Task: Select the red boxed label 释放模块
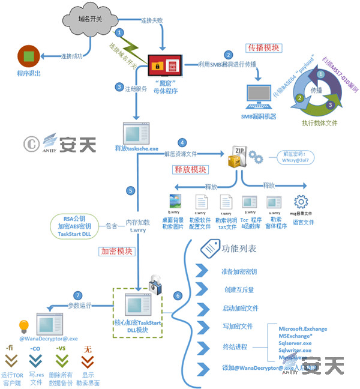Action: [190, 170]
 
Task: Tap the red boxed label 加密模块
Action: [116, 251]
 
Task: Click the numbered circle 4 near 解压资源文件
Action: [182, 143]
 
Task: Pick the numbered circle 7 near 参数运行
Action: [77, 295]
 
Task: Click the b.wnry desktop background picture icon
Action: [176, 202]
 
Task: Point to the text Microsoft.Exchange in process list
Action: [304, 328]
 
